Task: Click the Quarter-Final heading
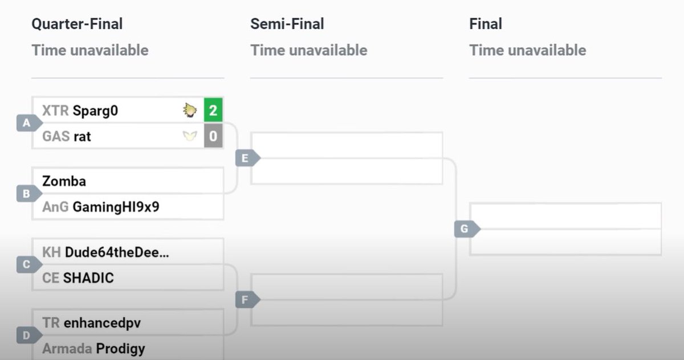pyautogui.click(x=77, y=24)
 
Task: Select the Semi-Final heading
pyautogui.click(x=287, y=24)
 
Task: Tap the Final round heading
pyautogui.click(x=486, y=24)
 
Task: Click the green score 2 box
pyautogui.click(x=213, y=110)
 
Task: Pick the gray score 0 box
pyautogui.click(x=213, y=137)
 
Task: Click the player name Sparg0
pyautogui.click(x=95, y=111)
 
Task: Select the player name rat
pyautogui.click(x=82, y=137)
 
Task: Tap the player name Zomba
pyautogui.click(x=64, y=181)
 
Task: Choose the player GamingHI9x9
pyautogui.click(x=116, y=207)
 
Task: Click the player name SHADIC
pyautogui.click(x=88, y=278)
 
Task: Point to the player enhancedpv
pyautogui.click(x=102, y=323)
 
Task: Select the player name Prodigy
pyautogui.click(x=120, y=348)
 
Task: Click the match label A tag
pyautogui.click(x=26, y=123)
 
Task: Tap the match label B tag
pyautogui.click(x=26, y=194)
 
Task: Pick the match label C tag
pyautogui.click(x=26, y=265)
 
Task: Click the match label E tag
pyautogui.click(x=245, y=158)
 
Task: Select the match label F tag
pyautogui.click(x=245, y=300)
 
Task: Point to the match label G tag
pyautogui.click(x=464, y=229)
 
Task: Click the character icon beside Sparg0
pyautogui.click(x=189, y=110)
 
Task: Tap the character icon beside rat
pyautogui.click(x=189, y=137)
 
